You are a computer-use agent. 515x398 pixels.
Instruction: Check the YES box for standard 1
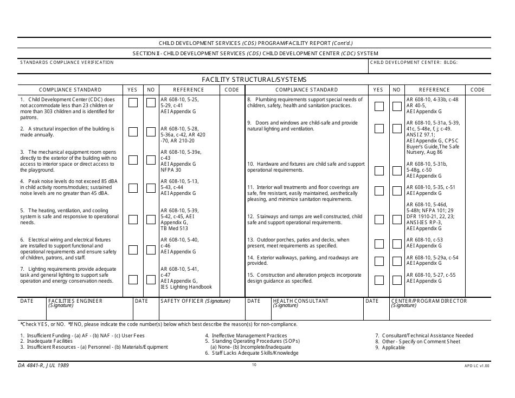pyautogui.click(x=133, y=103)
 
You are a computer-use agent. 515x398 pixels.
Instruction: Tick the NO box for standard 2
pyautogui.click(x=151, y=132)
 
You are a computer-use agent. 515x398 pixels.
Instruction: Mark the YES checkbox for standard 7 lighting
pyautogui.click(x=133, y=279)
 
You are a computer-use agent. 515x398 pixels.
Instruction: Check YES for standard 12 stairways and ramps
pyautogui.click(x=379, y=219)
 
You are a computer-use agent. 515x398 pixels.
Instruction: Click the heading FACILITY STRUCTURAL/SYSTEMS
pyautogui.click(x=254, y=80)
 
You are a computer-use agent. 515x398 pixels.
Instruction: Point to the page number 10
pyautogui.click(x=254, y=365)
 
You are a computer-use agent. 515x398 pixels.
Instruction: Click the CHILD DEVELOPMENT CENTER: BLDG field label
pyautogui.click(x=414, y=62)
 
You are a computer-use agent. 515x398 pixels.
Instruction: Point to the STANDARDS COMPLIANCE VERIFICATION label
pyautogui.click(x=67, y=62)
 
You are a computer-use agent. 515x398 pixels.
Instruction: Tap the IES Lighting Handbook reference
pyautogui.click(x=186, y=287)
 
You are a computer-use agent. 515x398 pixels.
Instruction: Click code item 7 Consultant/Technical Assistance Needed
pyautogui.click(x=424, y=336)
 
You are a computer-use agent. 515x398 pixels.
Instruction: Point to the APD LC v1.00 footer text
pyautogui.click(x=477, y=366)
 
